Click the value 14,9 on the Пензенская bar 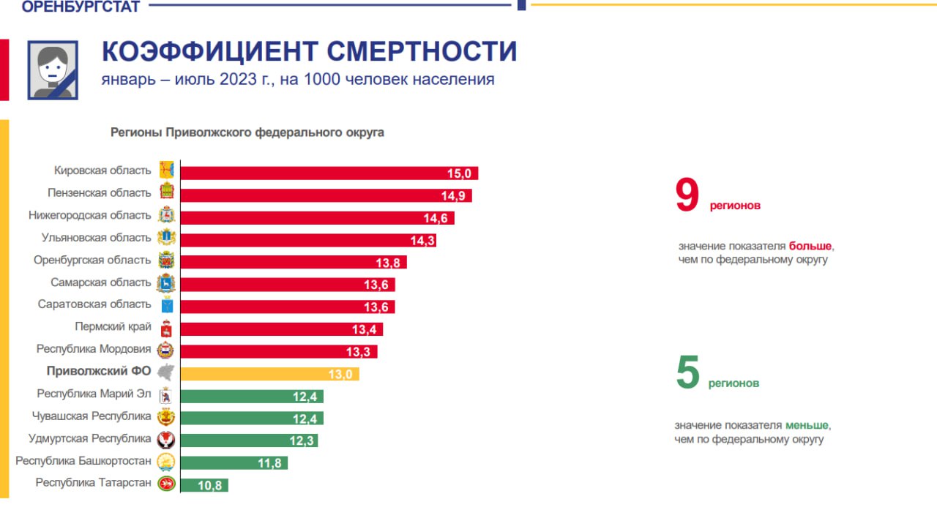tap(454, 196)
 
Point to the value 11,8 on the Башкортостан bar tap(270, 463)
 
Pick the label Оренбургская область tap(92, 260)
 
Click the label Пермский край tap(113, 326)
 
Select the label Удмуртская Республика tap(89, 438)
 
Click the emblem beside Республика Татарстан tap(167, 484)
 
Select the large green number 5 tap(688, 373)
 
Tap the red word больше tap(810, 247)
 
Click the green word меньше tap(807, 425)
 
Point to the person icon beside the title tap(53, 70)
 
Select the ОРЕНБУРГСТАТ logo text tap(81, 7)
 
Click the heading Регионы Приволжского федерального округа tap(247, 132)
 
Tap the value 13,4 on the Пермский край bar tap(364, 330)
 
